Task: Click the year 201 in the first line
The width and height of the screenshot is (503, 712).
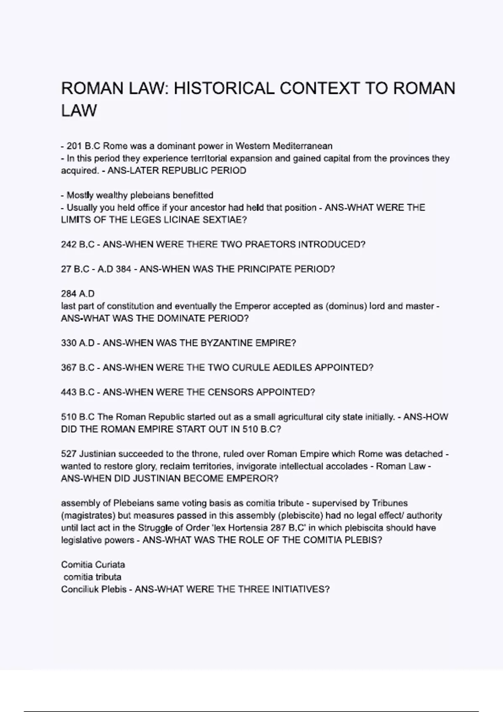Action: (74, 146)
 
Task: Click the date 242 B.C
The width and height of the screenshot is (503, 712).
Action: (78, 245)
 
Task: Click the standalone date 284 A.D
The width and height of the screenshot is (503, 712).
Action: (78, 294)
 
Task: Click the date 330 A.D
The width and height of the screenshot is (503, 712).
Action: (78, 343)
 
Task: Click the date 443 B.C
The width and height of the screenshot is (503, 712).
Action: (78, 392)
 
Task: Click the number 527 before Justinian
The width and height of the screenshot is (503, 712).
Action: (69, 454)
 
